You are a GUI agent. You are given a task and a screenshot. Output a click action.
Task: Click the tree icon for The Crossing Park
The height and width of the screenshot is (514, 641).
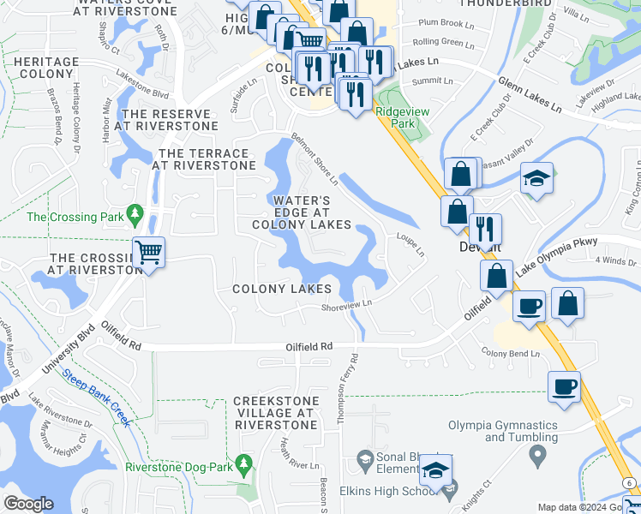134,212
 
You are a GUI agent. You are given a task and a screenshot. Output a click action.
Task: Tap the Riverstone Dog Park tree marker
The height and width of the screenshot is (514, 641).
244,463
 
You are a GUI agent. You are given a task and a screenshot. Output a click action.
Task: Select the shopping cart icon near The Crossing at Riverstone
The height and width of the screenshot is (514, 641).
149,253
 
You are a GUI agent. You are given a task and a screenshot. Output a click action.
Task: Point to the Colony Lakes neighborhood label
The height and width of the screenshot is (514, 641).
282,289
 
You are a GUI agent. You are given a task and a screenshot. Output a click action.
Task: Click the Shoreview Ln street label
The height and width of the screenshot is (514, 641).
346,305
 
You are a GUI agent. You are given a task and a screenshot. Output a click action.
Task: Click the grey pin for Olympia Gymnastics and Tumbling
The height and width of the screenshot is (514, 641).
537,456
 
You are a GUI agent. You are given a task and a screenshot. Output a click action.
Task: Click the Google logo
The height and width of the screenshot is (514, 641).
28,504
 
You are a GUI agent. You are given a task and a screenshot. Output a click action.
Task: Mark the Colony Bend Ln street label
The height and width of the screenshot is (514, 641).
511,353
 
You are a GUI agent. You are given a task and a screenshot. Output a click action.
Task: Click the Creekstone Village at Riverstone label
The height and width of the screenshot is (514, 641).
276,413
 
